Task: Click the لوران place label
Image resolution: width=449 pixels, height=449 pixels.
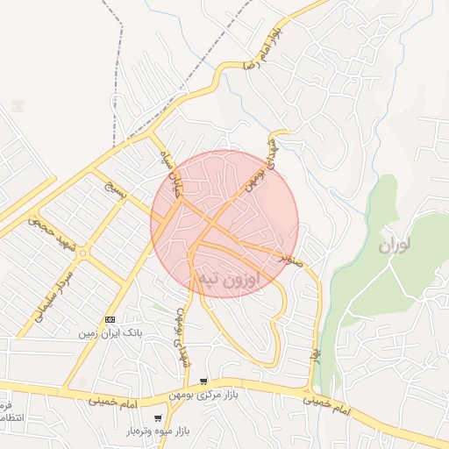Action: pos(396,245)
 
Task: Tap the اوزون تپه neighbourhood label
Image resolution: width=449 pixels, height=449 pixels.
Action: pos(230,280)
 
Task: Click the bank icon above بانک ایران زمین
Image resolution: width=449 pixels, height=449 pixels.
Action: pos(110,319)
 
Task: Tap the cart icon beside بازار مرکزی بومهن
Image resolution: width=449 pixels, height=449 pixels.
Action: pos(203,381)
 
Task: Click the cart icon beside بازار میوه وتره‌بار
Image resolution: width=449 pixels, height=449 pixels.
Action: pos(158,418)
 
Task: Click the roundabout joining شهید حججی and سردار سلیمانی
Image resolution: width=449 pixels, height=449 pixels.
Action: pos(83,253)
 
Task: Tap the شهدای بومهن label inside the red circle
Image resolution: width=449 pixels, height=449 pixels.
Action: pos(254,171)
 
